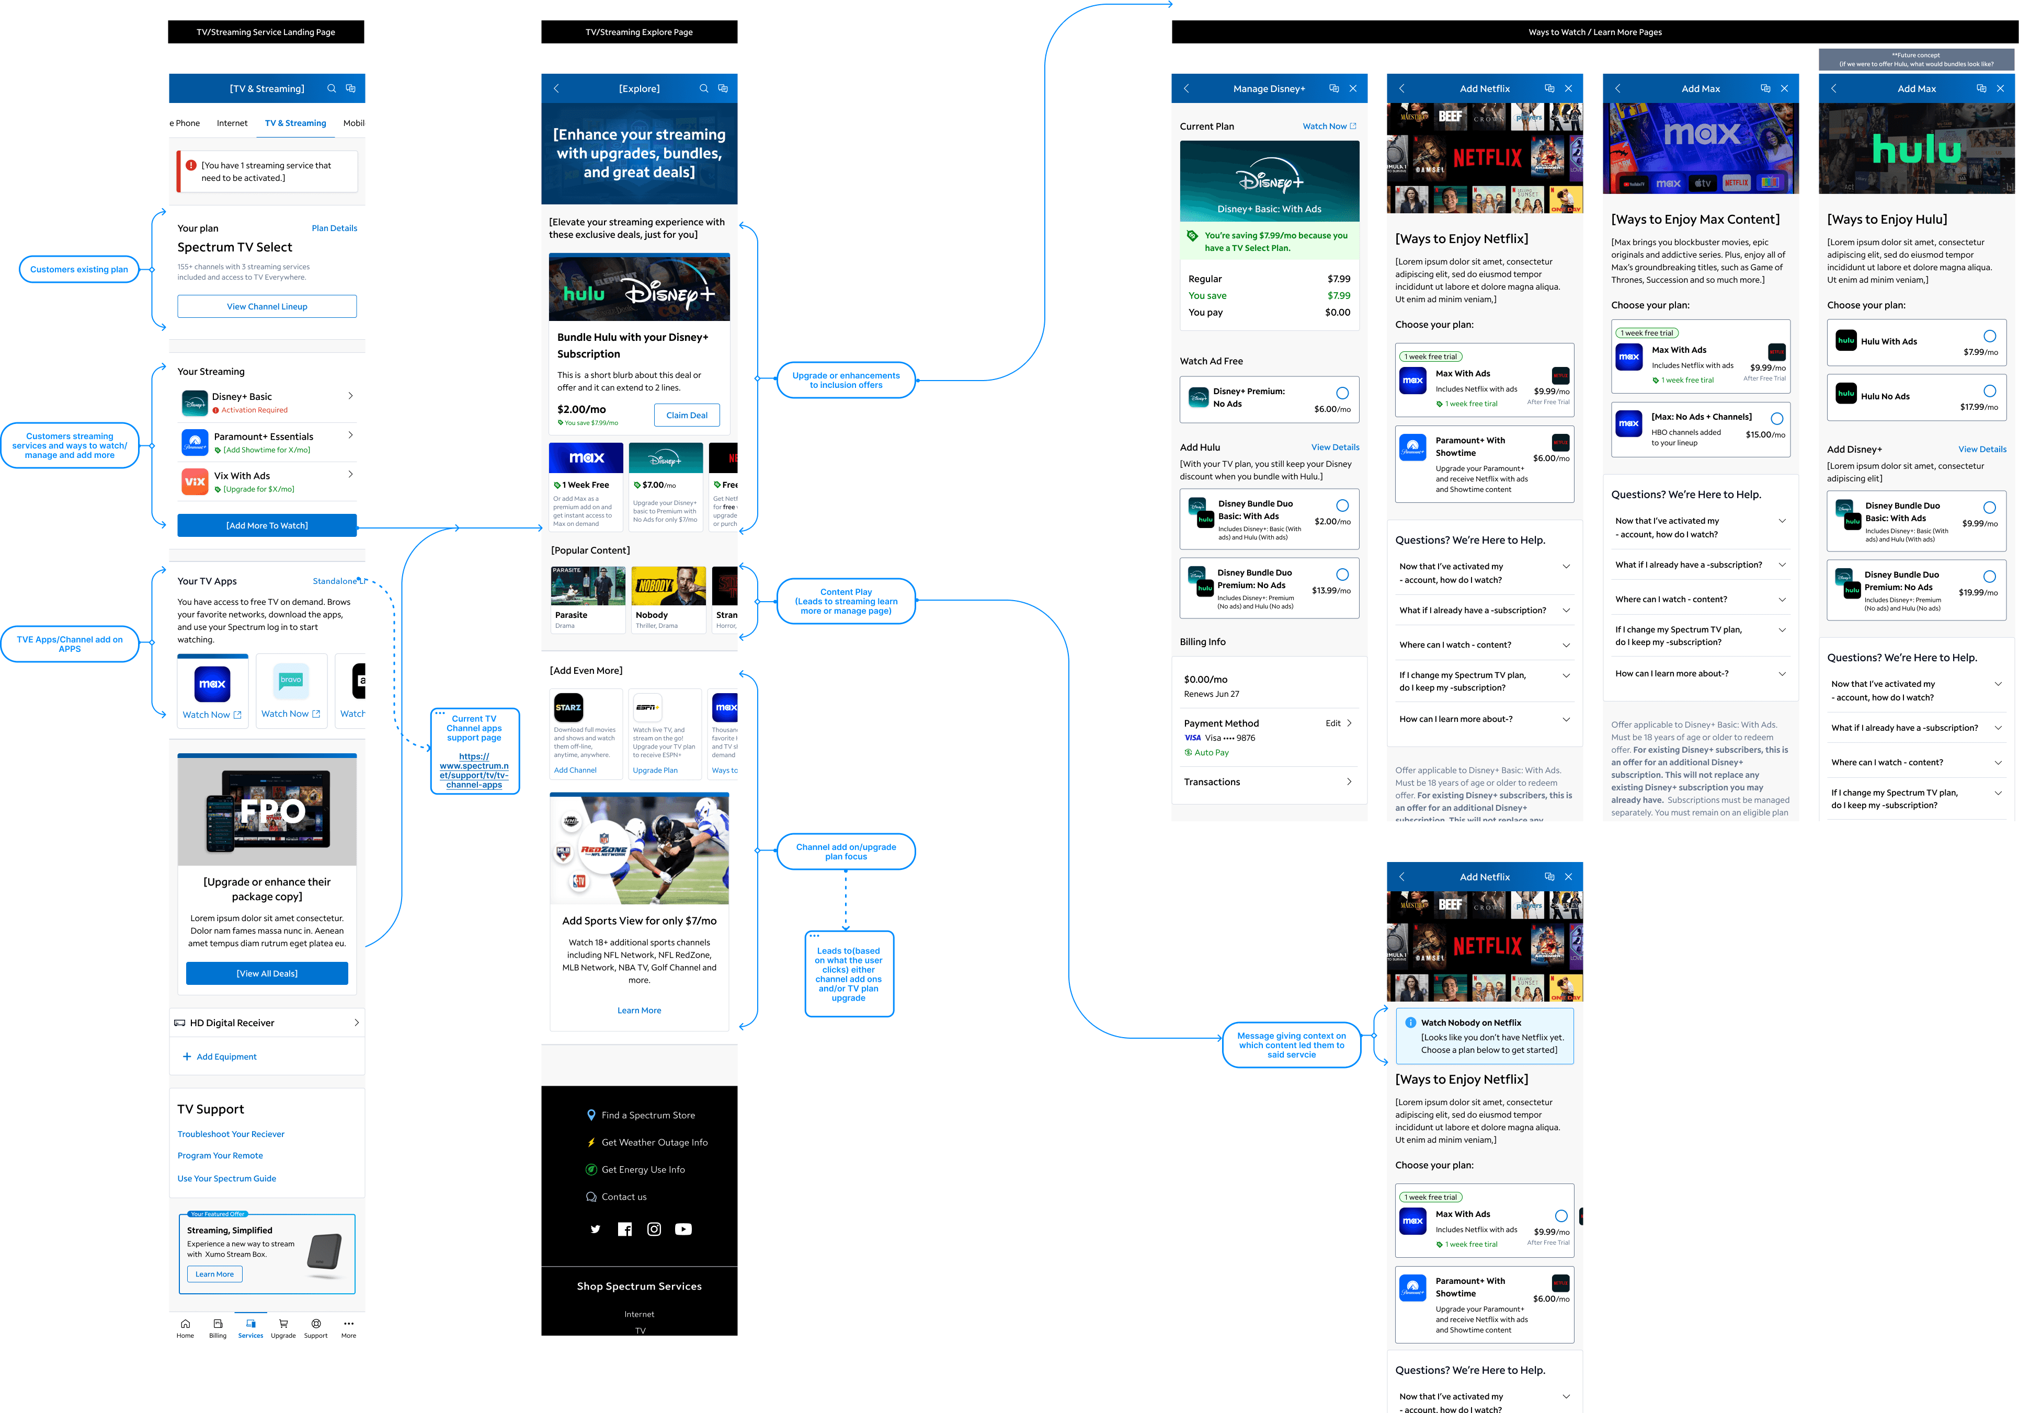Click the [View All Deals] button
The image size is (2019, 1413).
tap(267, 973)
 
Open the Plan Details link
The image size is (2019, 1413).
tap(334, 228)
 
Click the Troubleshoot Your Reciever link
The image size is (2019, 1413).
tap(231, 1134)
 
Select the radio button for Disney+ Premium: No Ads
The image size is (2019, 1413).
tap(1342, 393)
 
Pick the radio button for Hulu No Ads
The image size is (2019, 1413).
tap(1989, 391)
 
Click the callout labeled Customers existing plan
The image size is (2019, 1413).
tap(79, 270)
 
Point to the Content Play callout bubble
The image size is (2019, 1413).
tap(846, 601)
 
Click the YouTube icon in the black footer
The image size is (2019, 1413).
tap(683, 1229)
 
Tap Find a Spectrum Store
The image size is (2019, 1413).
tap(647, 1115)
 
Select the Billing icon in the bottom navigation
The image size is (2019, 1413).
tap(217, 1328)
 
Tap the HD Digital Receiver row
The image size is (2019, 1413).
tap(267, 1023)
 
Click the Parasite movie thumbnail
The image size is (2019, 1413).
tap(587, 587)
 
